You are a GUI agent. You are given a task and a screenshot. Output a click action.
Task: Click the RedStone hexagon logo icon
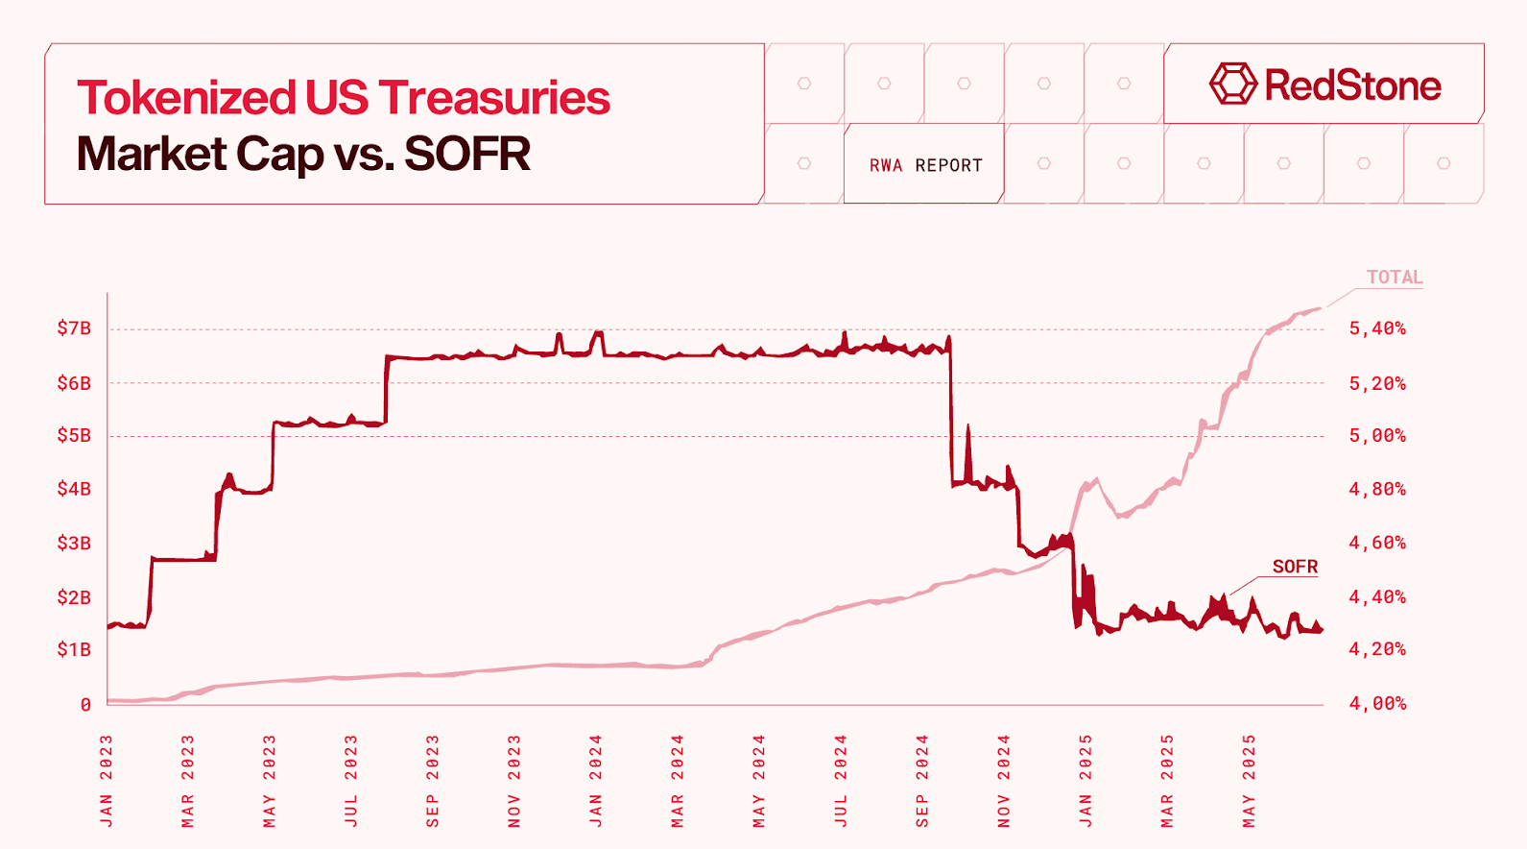click(1232, 85)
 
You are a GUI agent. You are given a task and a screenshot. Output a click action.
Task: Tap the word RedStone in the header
click(1352, 85)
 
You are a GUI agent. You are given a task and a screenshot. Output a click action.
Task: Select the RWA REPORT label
click(925, 165)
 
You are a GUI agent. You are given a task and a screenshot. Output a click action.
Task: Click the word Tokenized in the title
click(186, 98)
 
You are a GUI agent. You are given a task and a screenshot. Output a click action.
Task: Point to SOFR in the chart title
click(467, 154)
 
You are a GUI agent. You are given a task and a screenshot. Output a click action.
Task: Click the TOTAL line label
click(1394, 278)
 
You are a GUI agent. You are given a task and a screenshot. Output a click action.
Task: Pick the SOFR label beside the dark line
click(1295, 567)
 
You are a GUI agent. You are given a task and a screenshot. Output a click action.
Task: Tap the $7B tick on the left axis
click(74, 328)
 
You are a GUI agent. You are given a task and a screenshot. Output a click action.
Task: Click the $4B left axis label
click(74, 489)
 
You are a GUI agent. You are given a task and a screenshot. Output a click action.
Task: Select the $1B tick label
click(74, 650)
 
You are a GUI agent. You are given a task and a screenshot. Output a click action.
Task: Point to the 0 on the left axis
click(85, 705)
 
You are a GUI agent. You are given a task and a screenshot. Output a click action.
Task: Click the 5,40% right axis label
click(1377, 328)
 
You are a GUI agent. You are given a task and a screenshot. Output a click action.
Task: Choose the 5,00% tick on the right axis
click(1377, 436)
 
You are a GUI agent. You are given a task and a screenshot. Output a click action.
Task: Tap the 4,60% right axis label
click(1377, 543)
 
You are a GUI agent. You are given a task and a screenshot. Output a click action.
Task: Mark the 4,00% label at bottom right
click(1377, 704)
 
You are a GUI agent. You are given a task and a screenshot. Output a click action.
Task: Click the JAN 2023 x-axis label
click(107, 781)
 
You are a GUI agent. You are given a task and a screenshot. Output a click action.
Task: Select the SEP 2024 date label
click(922, 781)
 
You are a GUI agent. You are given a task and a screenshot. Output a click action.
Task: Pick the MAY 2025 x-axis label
click(1249, 781)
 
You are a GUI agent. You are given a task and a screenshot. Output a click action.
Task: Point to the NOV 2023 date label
click(514, 781)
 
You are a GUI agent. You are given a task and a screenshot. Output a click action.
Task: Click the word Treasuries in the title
click(494, 98)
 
